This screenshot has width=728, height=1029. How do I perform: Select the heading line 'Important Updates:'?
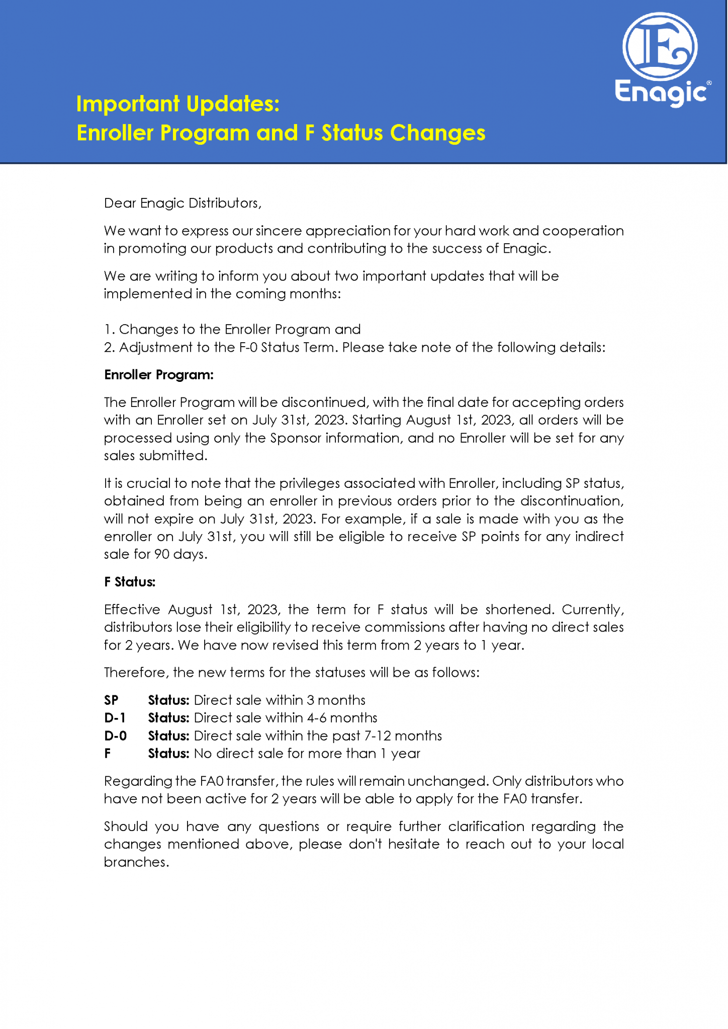(x=178, y=104)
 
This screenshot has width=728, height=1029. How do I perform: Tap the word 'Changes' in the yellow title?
(x=437, y=133)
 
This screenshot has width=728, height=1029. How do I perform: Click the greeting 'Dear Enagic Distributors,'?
(x=183, y=203)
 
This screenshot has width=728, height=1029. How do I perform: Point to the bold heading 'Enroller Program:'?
(x=159, y=375)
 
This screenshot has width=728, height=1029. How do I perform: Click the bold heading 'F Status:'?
(x=130, y=582)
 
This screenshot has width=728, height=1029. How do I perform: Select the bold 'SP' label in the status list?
(x=111, y=700)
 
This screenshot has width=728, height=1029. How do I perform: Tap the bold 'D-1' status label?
(x=115, y=718)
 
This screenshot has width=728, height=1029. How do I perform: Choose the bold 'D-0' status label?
(x=115, y=736)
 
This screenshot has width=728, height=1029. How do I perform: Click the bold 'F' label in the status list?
(x=108, y=754)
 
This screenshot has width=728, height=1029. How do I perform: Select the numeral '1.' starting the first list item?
(x=109, y=330)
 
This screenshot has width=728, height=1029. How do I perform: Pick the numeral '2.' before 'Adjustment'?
(x=110, y=348)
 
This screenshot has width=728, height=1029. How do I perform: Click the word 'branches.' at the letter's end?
(x=136, y=862)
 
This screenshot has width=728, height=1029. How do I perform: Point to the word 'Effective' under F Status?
(x=132, y=609)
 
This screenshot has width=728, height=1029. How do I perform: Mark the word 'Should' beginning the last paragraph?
(x=125, y=827)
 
